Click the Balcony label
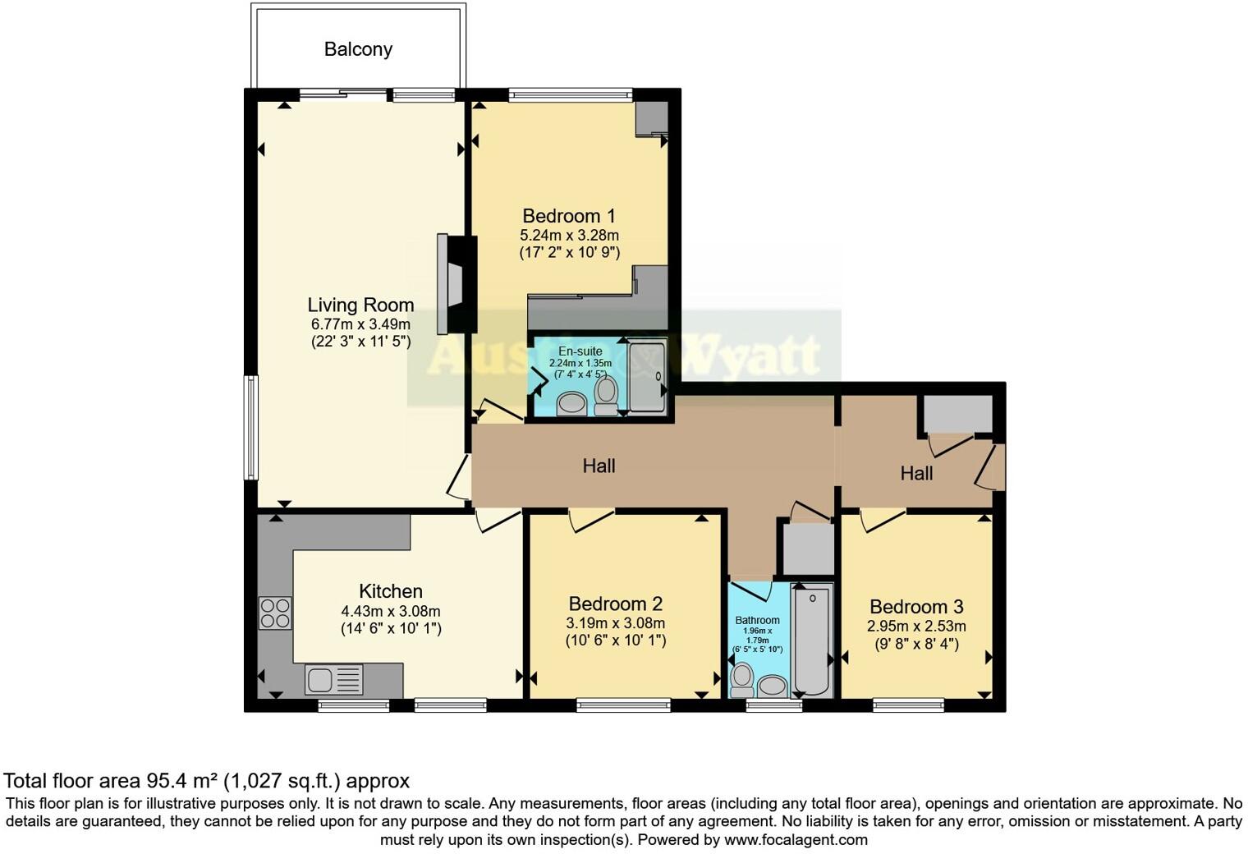pyautogui.click(x=358, y=49)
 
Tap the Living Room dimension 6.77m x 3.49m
pyautogui.click(x=360, y=324)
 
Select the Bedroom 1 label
pyautogui.click(x=569, y=216)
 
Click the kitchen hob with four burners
pyautogui.click(x=275, y=613)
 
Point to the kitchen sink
pyautogui.click(x=333, y=679)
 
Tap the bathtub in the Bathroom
pyautogui.click(x=812, y=640)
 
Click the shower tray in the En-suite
pyautogui.click(x=647, y=377)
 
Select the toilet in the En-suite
pyautogui.click(x=606, y=396)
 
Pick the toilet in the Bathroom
pyautogui.click(x=741, y=680)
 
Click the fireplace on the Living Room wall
pyautogui.click(x=457, y=284)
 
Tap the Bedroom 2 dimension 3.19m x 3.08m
pyautogui.click(x=616, y=622)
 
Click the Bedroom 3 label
pyautogui.click(x=916, y=606)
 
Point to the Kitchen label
pyautogui.click(x=391, y=590)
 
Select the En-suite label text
pyautogui.click(x=580, y=351)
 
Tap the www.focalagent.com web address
pyautogui.click(x=795, y=839)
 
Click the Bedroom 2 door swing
pyautogui.click(x=591, y=520)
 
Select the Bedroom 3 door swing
pyautogui.click(x=883, y=520)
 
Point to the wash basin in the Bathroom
pyautogui.click(x=772, y=685)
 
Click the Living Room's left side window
pyautogui.click(x=252, y=427)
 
